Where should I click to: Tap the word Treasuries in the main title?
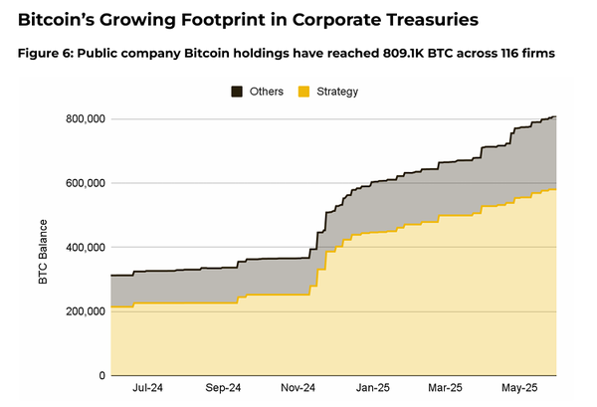pyautogui.click(x=422, y=19)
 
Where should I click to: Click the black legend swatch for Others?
pyautogui.click(x=238, y=92)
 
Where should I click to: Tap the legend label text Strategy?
pyautogui.click(x=336, y=92)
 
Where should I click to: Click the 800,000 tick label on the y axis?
pyautogui.click(x=81, y=119)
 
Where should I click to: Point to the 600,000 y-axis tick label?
pyautogui.click(x=81, y=183)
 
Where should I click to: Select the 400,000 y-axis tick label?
pyautogui.click(x=81, y=247)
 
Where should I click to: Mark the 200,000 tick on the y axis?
pyautogui.click(x=81, y=311)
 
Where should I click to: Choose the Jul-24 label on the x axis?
pyautogui.click(x=148, y=389)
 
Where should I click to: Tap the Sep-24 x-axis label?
pyautogui.click(x=223, y=389)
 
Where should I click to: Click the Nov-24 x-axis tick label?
pyautogui.click(x=297, y=389)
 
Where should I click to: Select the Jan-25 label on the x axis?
pyautogui.click(x=371, y=389)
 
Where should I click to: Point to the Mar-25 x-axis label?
pyautogui.click(x=444, y=389)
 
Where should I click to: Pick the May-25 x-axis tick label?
pyautogui.click(x=518, y=389)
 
